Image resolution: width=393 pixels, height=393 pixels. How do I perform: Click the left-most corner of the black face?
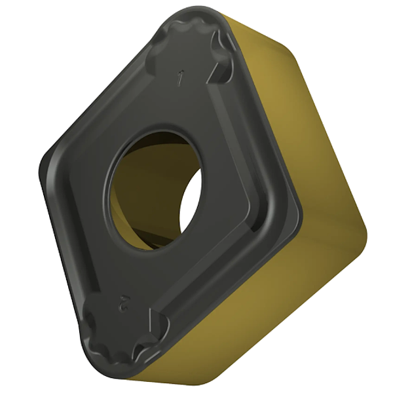44,164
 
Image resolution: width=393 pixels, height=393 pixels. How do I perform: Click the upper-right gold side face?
288,98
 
